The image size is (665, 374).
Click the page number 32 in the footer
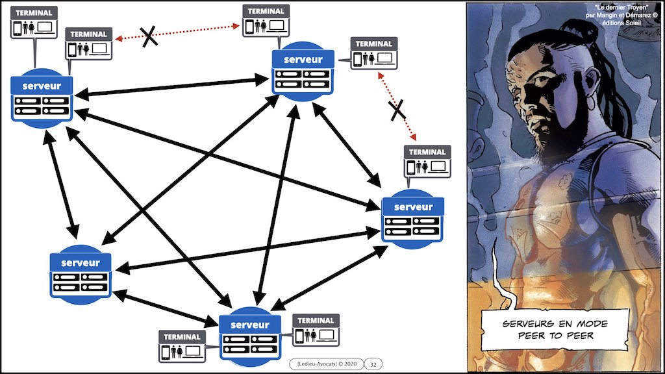tap(373, 364)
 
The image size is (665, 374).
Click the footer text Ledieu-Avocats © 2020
tap(324, 364)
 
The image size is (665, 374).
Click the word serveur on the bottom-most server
tap(249, 325)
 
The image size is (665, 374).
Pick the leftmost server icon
tap(41, 97)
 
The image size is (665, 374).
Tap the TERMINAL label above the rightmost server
tap(427, 153)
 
